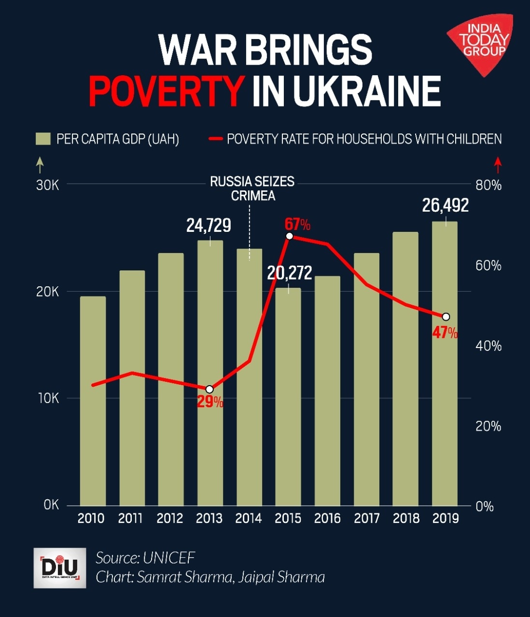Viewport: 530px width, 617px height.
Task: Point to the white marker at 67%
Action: coord(289,236)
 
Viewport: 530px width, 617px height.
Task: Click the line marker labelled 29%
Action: coord(209,389)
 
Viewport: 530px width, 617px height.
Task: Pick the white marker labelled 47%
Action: coord(446,317)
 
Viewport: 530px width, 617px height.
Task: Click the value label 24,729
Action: coord(209,226)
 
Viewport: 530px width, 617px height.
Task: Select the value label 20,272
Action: coord(290,273)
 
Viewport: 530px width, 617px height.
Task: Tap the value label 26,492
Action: coord(445,206)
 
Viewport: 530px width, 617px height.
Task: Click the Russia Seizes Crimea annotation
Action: coord(252,188)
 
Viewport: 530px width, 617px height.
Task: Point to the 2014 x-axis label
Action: coord(249,518)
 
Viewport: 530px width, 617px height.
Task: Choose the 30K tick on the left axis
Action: coord(48,185)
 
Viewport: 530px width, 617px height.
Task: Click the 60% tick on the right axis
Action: coord(488,266)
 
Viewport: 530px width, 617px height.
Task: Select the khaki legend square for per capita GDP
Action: coord(43,139)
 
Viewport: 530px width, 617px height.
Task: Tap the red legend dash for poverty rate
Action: coord(215,139)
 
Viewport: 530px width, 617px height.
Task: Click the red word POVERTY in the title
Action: coord(166,91)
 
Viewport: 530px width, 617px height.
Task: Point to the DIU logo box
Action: coord(60,567)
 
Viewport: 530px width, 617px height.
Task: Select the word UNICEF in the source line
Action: coord(169,558)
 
